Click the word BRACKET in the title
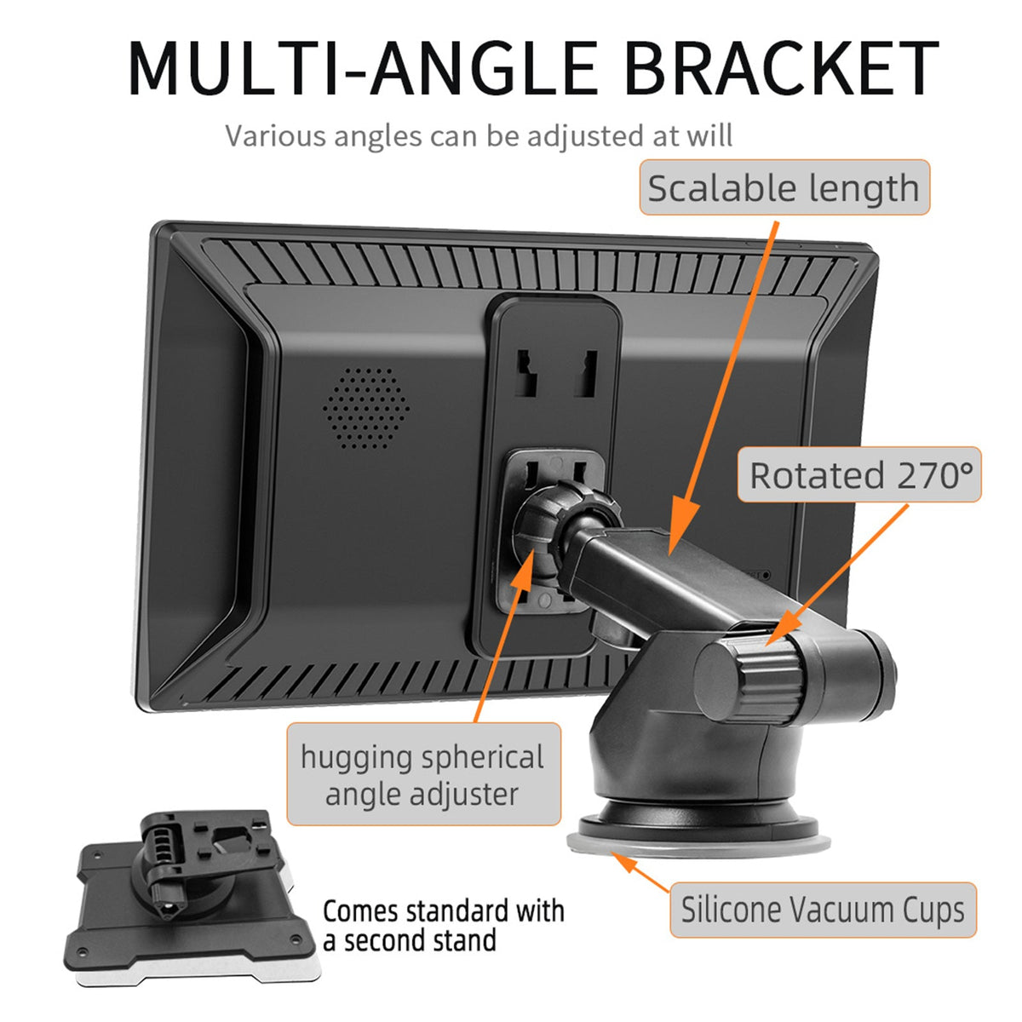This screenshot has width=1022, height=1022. pyautogui.click(x=781, y=67)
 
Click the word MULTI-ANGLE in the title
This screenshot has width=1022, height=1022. pyautogui.click(x=365, y=67)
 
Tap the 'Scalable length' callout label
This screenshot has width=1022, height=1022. pyautogui.click(x=784, y=187)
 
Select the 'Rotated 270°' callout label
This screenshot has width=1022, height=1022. pyautogui.click(x=859, y=474)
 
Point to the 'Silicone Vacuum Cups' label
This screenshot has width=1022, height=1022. pyautogui.click(x=822, y=910)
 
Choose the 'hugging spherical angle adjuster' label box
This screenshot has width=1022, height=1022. pyautogui.click(x=422, y=774)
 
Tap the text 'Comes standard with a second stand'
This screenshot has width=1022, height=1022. pyautogui.click(x=443, y=925)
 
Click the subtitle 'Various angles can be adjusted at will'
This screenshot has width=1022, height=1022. pyautogui.click(x=479, y=135)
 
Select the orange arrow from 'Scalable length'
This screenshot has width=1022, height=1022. pyautogui.click(x=724, y=383)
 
